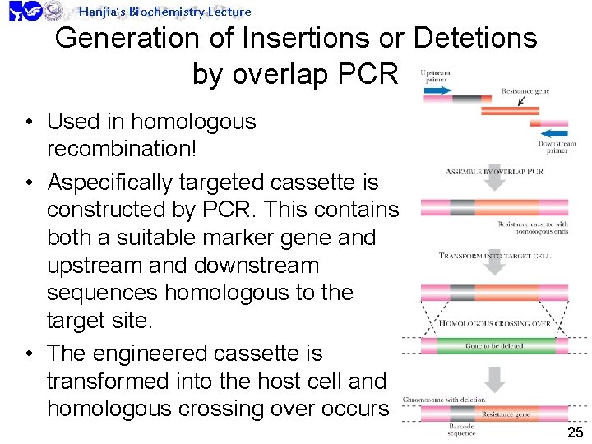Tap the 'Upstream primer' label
(435, 76)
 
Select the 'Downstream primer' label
(557, 147)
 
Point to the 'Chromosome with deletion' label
(444, 400)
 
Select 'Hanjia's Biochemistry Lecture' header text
(164, 11)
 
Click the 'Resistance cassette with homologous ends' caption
(533, 228)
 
